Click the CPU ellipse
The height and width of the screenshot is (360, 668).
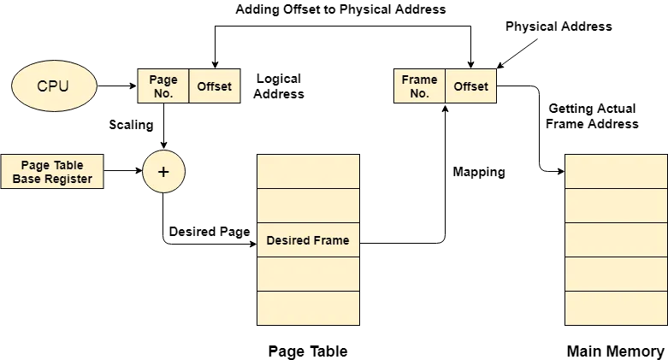(54, 86)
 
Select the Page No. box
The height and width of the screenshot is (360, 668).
(163, 86)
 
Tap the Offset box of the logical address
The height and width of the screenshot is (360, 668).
(215, 86)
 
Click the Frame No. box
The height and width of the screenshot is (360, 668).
(420, 86)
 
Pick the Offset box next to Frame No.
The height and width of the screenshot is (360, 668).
(470, 86)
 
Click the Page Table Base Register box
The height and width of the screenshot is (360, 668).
(52, 171)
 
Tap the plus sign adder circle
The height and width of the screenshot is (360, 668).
(163, 171)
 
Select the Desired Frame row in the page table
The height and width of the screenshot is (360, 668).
(308, 240)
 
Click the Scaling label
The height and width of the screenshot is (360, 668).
(131, 125)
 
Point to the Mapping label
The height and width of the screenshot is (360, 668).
(479, 172)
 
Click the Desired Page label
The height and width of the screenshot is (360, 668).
(210, 232)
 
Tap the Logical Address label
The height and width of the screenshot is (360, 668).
(279, 86)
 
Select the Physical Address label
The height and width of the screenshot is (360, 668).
(559, 27)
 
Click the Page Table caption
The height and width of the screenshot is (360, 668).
(308, 351)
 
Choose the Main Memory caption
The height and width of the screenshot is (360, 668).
(616, 351)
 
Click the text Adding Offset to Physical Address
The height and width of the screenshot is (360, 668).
(340, 9)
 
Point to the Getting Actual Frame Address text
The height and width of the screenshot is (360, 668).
(592, 116)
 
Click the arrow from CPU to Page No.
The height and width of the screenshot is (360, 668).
(117, 86)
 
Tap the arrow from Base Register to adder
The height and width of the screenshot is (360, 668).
(123, 171)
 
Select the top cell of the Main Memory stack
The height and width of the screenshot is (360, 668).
(616, 171)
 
